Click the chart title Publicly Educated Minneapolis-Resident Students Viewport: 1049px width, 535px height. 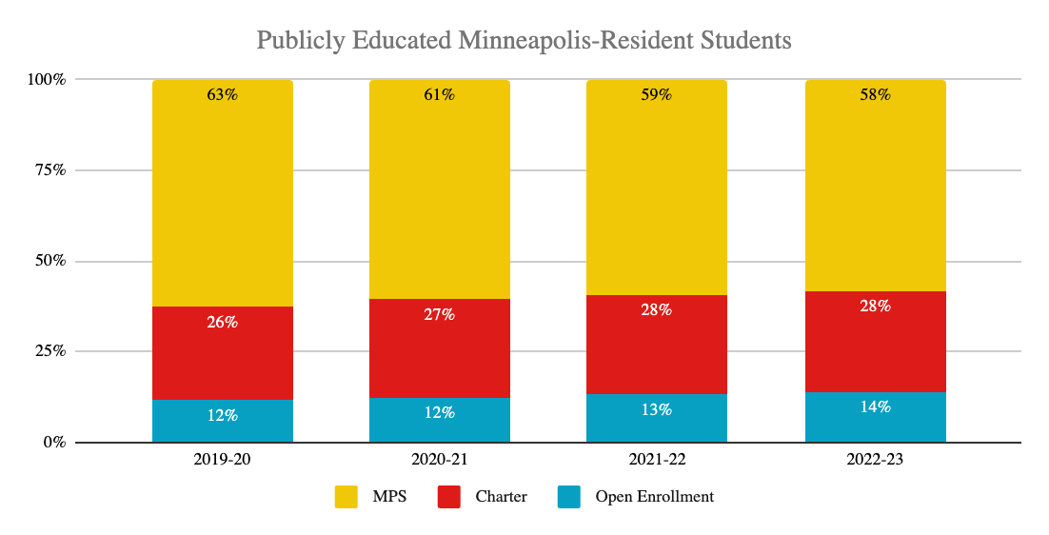point(524,41)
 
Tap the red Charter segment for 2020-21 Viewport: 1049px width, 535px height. point(440,347)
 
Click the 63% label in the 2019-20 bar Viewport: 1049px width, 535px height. point(223,94)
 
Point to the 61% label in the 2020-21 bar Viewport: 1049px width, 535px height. point(440,94)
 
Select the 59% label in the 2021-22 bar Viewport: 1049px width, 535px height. point(657,94)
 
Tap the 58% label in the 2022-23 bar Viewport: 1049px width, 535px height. point(876,94)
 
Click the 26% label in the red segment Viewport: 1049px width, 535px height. point(223,322)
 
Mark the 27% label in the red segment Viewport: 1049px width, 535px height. point(440,314)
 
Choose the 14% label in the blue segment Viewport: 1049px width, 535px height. point(876,406)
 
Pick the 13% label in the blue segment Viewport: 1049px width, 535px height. point(657,409)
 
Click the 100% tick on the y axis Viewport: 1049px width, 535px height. point(46,79)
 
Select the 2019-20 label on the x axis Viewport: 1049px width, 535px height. point(223,460)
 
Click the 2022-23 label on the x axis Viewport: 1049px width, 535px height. point(876,460)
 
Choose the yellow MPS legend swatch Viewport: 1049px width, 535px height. point(346,496)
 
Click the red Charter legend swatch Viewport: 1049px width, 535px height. point(448,496)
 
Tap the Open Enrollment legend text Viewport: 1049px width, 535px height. point(655,496)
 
